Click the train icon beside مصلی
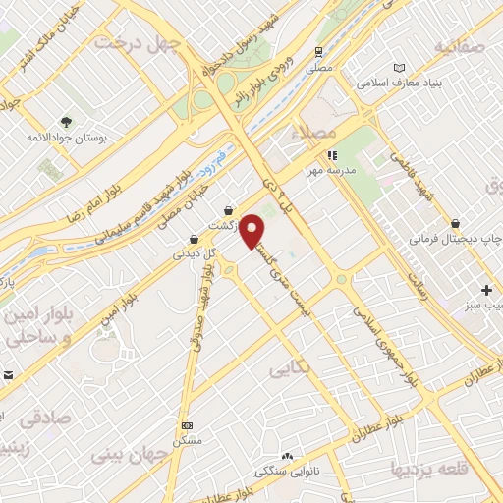[318, 51]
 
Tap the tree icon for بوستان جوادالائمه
[67, 123]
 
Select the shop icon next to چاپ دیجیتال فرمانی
[454, 224]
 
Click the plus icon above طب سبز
[487, 290]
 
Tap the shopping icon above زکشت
[229, 209]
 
